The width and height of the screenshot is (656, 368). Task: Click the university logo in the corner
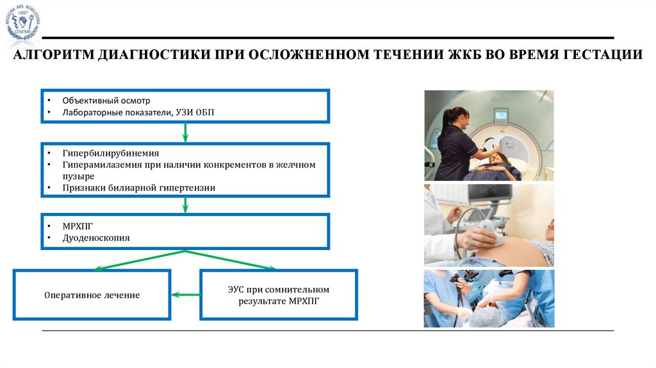tap(24, 23)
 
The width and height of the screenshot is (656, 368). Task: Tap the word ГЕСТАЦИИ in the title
tap(603, 55)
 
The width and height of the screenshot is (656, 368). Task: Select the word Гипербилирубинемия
tap(111, 154)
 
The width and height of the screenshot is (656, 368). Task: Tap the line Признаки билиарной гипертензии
tap(138, 188)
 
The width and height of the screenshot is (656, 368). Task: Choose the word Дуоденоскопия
tap(96, 237)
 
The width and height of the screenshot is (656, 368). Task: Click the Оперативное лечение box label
tap(92, 296)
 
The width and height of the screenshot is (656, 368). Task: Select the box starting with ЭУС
tap(279, 295)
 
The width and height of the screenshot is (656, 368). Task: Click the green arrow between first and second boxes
tap(186, 132)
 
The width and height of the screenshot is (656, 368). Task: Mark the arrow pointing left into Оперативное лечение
tap(185, 295)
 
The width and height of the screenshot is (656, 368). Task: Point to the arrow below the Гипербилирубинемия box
tap(186, 205)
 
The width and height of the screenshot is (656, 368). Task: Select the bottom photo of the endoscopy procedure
tap(489, 298)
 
